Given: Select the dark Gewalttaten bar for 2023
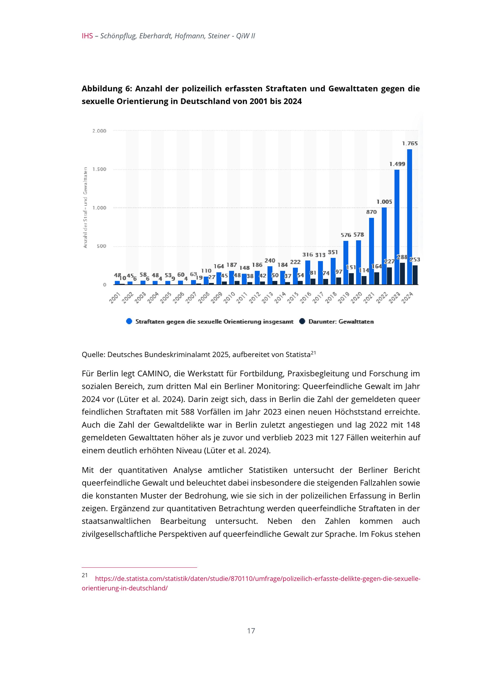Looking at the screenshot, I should [402, 273].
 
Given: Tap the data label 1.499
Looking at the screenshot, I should [397, 164].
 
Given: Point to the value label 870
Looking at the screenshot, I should [371, 212].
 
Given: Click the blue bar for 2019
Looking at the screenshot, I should [346, 262].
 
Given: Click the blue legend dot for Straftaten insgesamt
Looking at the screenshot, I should [129, 322].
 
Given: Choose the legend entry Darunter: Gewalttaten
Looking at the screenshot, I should [341, 322].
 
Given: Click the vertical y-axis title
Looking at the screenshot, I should [85, 207].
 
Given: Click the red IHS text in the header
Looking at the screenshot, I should [87, 36].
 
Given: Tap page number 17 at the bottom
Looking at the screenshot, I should [251, 631].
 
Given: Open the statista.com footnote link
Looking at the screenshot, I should [257, 578].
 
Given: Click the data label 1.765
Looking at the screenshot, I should [410, 144].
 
